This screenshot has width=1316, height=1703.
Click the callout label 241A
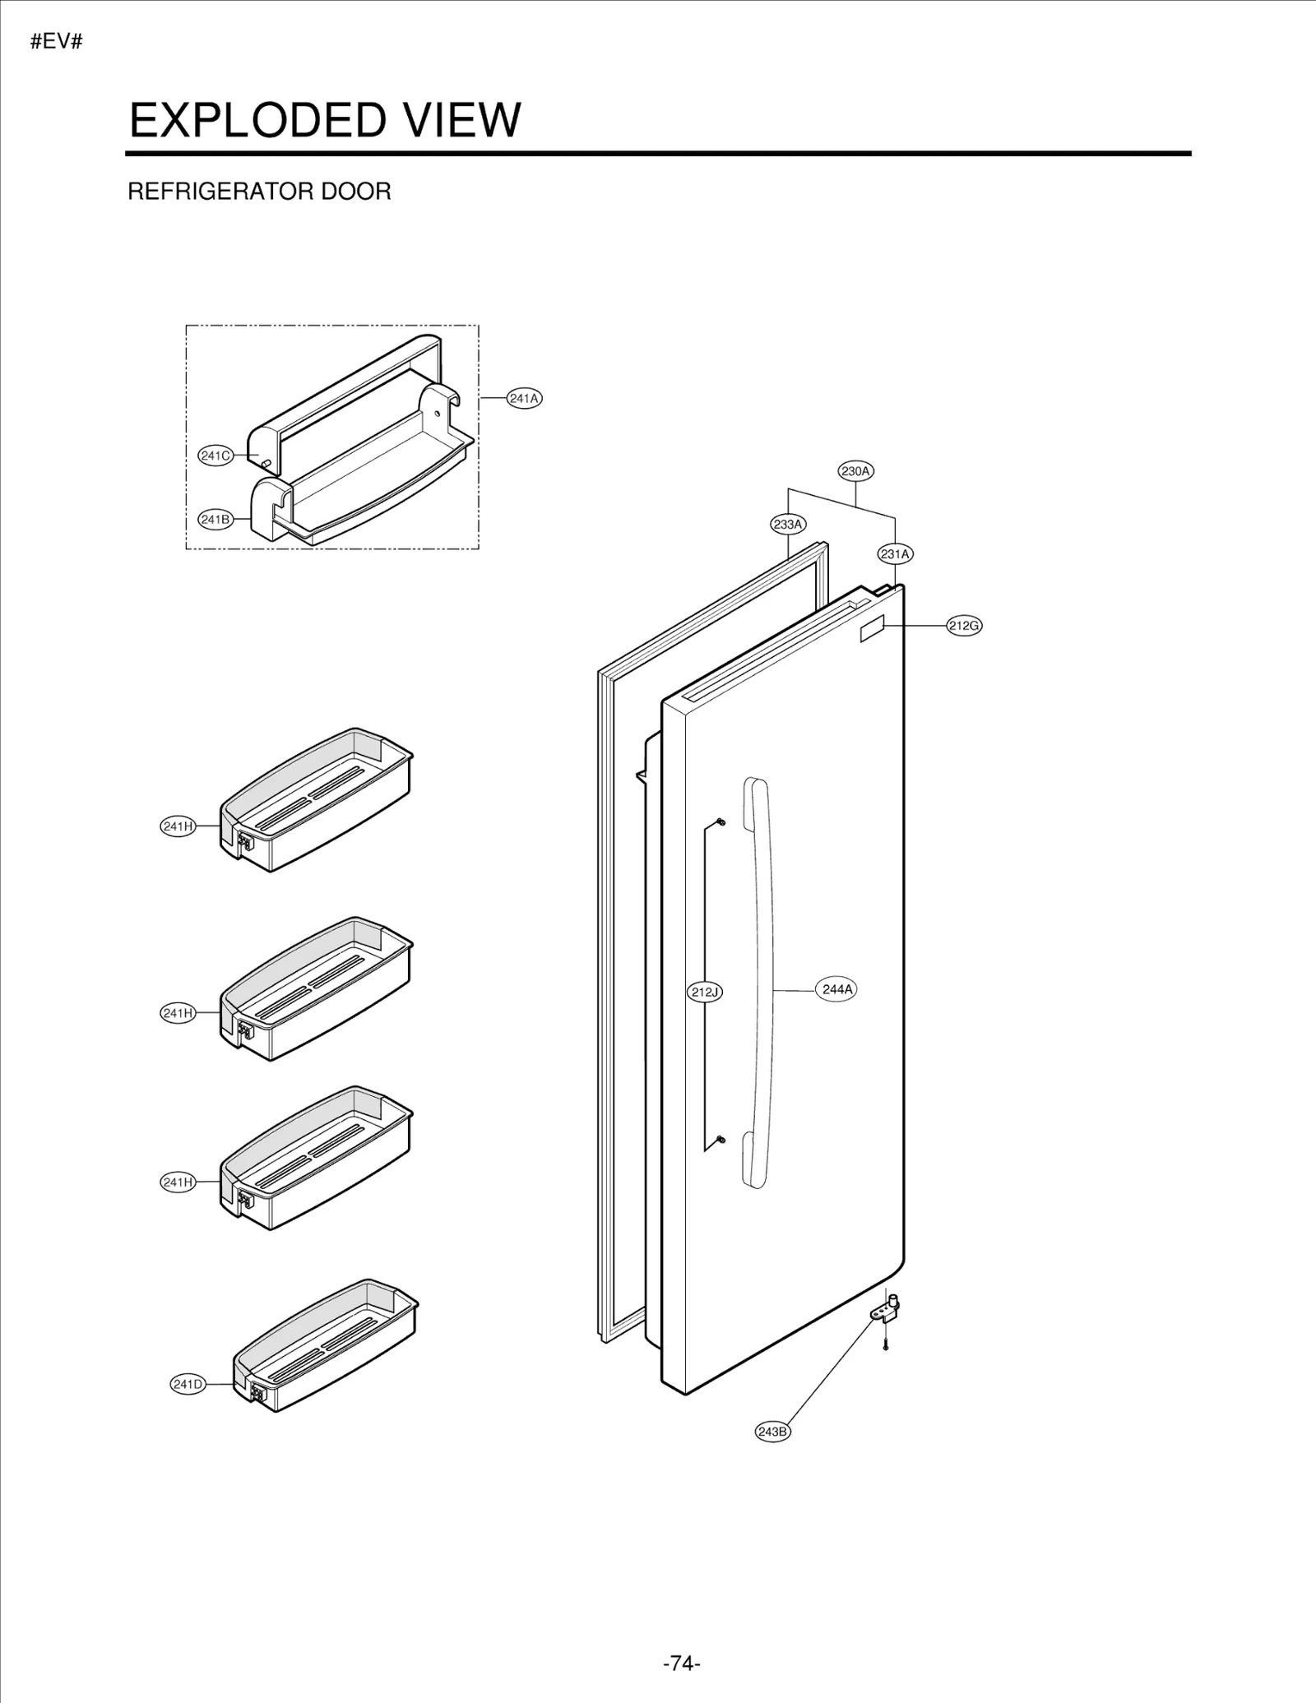pos(524,399)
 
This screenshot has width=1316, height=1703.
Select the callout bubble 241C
pos(215,456)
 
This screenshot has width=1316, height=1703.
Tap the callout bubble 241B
pos(215,520)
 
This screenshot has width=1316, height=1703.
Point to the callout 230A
pos(855,471)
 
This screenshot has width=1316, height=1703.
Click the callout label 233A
pos(788,524)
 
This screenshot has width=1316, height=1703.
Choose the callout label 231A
pos(895,554)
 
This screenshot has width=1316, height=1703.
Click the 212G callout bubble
pos(964,626)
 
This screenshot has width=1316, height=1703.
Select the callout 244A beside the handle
pos(836,989)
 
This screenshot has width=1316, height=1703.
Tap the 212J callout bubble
pos(704,992)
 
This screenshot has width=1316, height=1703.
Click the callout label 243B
pos(772,1432)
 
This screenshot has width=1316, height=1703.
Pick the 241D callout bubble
pos(188,1384)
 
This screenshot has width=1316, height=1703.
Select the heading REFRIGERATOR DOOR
pos(259,192)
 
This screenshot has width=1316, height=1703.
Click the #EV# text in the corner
pos(57,42)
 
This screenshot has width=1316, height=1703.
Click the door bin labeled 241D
pos(325,1349)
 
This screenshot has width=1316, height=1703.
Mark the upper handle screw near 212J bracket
pos(721,821)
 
